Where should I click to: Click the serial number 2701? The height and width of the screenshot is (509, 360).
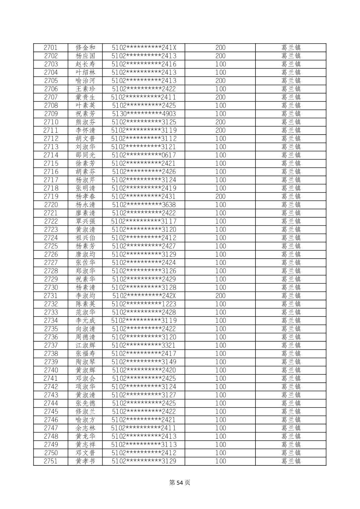pyautogui.click(x=51, y=48)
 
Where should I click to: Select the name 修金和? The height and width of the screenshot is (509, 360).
pyautogui.click(x=85, y=48)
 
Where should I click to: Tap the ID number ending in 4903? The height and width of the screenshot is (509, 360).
pyautogui.click(x=144, y=114)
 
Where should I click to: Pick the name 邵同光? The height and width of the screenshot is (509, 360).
pyautogui.click(x=85, y=155)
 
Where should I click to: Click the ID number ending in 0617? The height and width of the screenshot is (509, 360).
pyautogui.click(x=144, y=155)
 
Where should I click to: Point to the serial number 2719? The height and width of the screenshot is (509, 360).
pyautogui.click(x=51, y=197)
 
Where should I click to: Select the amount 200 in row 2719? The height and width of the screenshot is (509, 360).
pyautogui.click(x=220, y=197)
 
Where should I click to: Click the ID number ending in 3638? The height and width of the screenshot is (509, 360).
pyautogui.click(x=144, y=205)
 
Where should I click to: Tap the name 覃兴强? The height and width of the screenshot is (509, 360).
pyautogui.click(x=85, y=221)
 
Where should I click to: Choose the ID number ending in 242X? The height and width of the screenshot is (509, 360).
pyautogui.click(x=144, y=296)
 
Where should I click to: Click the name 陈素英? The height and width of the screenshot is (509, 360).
pyautogui.click(x=85, y=304)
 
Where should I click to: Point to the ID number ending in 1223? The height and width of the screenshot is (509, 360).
pyautogui.click(x=144, y=304)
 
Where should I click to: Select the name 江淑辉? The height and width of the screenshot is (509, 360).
pyautogui.click(x=85, y=345)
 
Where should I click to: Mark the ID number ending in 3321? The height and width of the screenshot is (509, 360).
pyautogui.click(x=144, y=345)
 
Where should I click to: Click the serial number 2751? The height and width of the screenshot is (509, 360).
pyautogui.click(x=51, y=461)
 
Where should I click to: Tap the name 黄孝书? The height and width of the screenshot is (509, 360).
pyautogui.click(x=85, y=461)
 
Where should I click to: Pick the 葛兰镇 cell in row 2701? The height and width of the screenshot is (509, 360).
pyautogui.click(x=291, y=48)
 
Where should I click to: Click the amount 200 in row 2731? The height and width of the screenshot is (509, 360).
pyautogui.click(x=220, y=296)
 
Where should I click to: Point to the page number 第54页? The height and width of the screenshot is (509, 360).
pyautogui.click(x=180, y=483)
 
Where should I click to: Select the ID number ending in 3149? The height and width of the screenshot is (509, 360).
pyautogui.click(x=144, y=362)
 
